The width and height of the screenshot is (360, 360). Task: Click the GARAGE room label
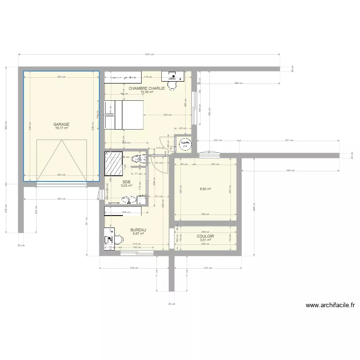point(61,124)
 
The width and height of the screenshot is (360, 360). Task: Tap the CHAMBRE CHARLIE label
point(147,88)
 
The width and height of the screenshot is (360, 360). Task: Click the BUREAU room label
point(138,230)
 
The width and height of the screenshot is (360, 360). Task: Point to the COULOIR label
point(205,236)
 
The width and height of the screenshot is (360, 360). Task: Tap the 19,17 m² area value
point(61,128)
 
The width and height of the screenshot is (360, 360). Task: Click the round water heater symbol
point(184,144)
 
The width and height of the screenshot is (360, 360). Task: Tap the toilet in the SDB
point(138,160)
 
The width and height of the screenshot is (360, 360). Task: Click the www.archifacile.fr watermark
point(330,305)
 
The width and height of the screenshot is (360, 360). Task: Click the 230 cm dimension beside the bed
point(166,115)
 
